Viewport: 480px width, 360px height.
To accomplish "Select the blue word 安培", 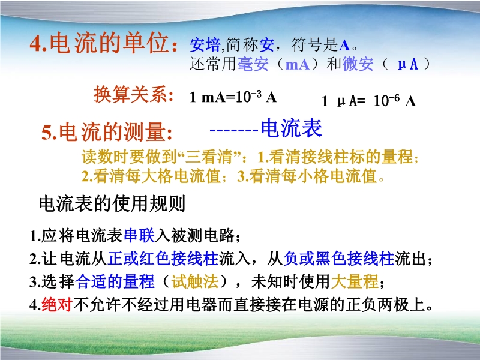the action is [x=205, y=45].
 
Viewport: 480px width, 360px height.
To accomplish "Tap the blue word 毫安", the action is [x=253, y=64].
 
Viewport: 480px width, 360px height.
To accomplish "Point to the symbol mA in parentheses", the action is [x=297, y=64].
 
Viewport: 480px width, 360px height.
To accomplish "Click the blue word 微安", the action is [x=358, y=64].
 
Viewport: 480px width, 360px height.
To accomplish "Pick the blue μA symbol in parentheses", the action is [x=408, y=64].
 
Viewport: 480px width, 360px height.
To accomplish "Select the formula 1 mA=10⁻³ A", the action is [x=233, y=97].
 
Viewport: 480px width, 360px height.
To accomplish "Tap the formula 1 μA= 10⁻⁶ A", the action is [x=369, y=101].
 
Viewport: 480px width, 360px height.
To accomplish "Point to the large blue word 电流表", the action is [x=292, y=128].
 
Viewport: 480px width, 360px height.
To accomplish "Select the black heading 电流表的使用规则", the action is [x=112, y=203].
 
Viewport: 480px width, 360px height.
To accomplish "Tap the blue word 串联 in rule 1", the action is [x=139, y=235].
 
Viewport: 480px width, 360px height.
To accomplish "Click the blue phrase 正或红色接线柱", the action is [x=163, y=258].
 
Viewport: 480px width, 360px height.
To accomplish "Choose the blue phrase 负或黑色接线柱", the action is [x=339, y=258].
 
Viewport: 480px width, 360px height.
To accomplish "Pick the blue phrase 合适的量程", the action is [x=115, y=281].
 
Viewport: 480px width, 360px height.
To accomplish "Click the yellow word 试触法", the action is [x=195, y=281].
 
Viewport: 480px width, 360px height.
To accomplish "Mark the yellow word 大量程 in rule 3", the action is [x=355, y=281].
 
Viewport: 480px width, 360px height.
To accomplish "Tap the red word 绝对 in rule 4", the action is [x=56, y=305].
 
